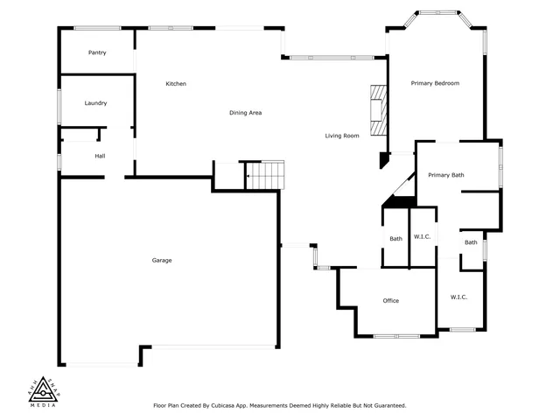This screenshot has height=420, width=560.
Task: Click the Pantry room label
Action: [97, 52]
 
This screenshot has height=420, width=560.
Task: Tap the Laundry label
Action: [95, 103]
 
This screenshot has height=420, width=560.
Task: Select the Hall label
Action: [100, 156]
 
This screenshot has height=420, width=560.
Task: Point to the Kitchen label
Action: [176, 84]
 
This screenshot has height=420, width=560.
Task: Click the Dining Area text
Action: [245, 113]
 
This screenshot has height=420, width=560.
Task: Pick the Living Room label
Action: [342, 136]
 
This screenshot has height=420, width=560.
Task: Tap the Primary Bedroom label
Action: [435, 83]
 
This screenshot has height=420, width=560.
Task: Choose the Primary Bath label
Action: [445, 175]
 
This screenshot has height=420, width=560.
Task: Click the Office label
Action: [390, 301]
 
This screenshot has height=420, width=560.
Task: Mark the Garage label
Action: [162, 261]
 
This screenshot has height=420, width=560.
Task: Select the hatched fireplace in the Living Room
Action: [377, 111]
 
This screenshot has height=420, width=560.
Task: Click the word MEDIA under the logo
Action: [43, 406]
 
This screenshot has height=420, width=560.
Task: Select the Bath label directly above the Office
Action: [395, 239]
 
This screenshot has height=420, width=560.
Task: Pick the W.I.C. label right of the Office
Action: [458, 297]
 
